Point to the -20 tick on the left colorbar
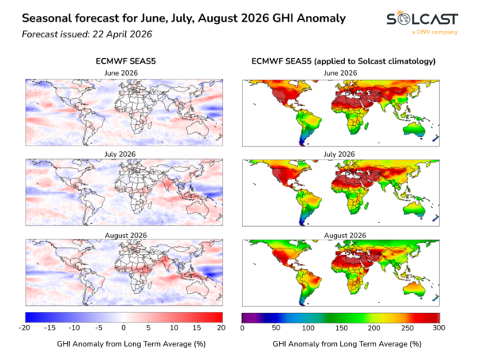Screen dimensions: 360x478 (25, 327)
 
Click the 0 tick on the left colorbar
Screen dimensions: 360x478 (123, 327)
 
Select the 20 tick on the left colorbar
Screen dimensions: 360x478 (221, 327)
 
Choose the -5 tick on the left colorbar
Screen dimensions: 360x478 (99, 327)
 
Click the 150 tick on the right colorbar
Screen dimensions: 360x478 (339, 327)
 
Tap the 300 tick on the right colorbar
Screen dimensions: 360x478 (436, 327)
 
